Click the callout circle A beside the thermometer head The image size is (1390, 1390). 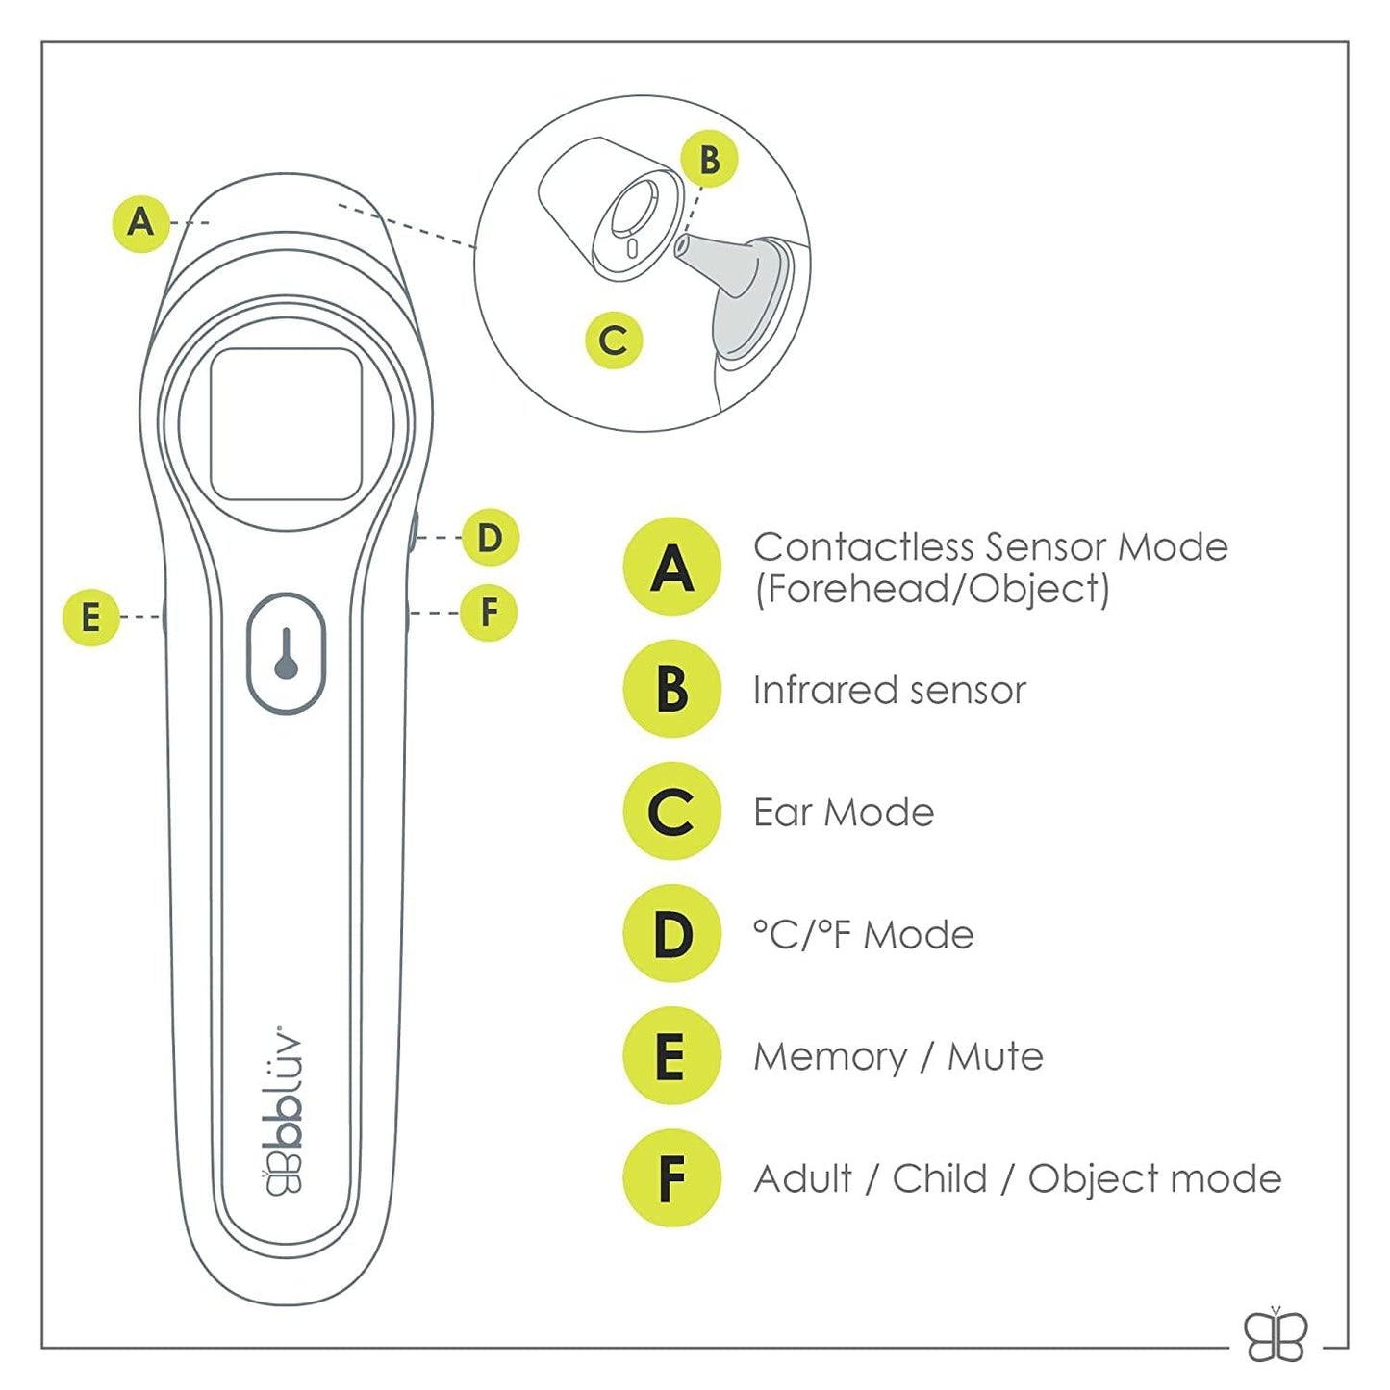coord(141,222)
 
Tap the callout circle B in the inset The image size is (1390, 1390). coord(709,160)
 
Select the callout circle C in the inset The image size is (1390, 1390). coord(614,341)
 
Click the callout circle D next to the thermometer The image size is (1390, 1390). coord(490,538)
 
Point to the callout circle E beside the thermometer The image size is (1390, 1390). coord(90,617)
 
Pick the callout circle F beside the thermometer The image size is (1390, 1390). coord(489,613)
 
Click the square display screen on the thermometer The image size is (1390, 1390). coord(286,424)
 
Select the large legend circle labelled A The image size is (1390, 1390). coord(672,567)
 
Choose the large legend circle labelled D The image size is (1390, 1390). coord(672,934)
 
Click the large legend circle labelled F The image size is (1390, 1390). coord(672,1178)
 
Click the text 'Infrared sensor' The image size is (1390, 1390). coord(889,690)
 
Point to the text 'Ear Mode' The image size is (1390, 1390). coord(844,813)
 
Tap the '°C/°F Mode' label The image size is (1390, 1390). coord(863,935)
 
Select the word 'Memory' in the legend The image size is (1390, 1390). coord(829,1057)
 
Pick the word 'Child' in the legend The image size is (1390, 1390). coord(940,1178)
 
